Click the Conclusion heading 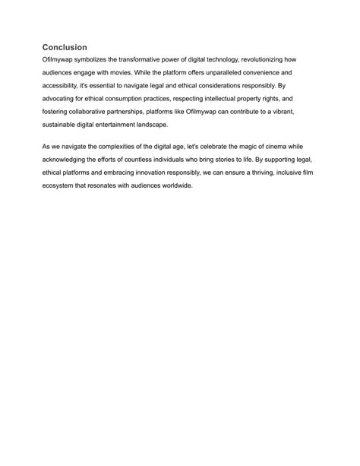[x=65, y=47]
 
